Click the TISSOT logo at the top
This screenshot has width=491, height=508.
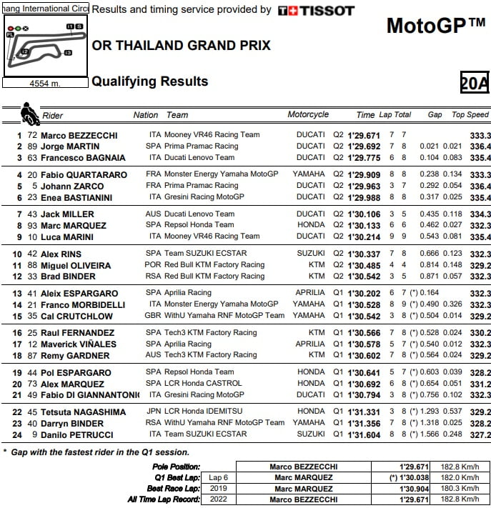coord(316,11)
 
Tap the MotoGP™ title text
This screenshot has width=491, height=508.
coord(435,26)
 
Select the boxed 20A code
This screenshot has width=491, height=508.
coord(475,83)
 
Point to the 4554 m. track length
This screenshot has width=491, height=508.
coord(45,84)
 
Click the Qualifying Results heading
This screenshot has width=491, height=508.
coord(150,81)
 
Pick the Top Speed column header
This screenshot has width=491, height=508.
coord(470,114)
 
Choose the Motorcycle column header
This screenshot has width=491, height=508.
coord(308,114)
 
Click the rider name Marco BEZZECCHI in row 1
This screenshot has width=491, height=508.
coord(79,135)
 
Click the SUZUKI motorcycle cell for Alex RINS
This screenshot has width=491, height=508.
coord(311,254)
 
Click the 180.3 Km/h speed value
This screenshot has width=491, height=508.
coord(463,489)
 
